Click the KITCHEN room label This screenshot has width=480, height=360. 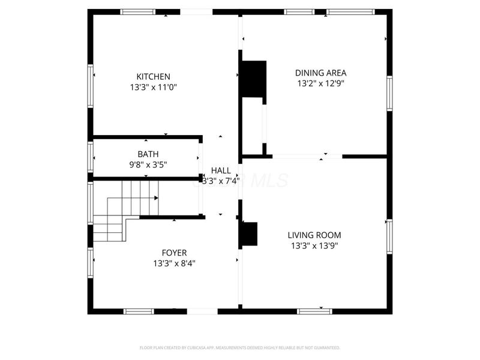point(153,77)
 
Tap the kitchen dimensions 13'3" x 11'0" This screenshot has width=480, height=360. point(153,87)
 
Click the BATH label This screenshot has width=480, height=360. point(148,154)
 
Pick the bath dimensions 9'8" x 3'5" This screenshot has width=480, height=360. point(148,164)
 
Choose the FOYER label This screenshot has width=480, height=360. point(174,253)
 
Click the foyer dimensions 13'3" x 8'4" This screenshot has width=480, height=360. point(174,263)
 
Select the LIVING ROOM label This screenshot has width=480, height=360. point(314,235)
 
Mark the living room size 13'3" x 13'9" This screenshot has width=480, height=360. point(314,245)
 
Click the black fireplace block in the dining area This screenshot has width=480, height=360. point(253,79)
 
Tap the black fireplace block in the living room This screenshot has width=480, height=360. point(248,234)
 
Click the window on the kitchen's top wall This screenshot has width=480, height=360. point(137,11)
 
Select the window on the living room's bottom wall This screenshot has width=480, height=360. point(314,311)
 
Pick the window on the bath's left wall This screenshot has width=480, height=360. point(91,157)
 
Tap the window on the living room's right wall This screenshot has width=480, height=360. point(389,236)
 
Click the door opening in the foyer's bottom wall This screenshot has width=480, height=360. point(202,311)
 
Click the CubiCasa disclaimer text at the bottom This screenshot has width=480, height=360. point(240,347)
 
